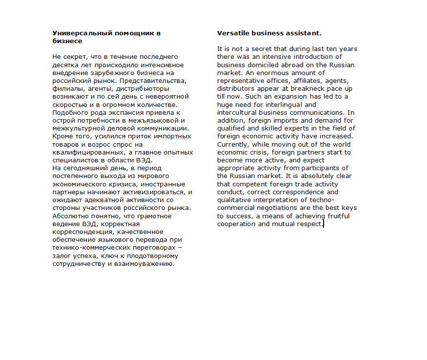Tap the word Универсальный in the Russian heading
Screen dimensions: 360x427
click(x=80, y=33)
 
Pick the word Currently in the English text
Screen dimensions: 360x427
click(x=233, y=144)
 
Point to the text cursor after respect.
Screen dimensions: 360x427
click(x=324, y=224)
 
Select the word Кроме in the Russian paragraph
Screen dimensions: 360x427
click(x=62, y=136)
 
